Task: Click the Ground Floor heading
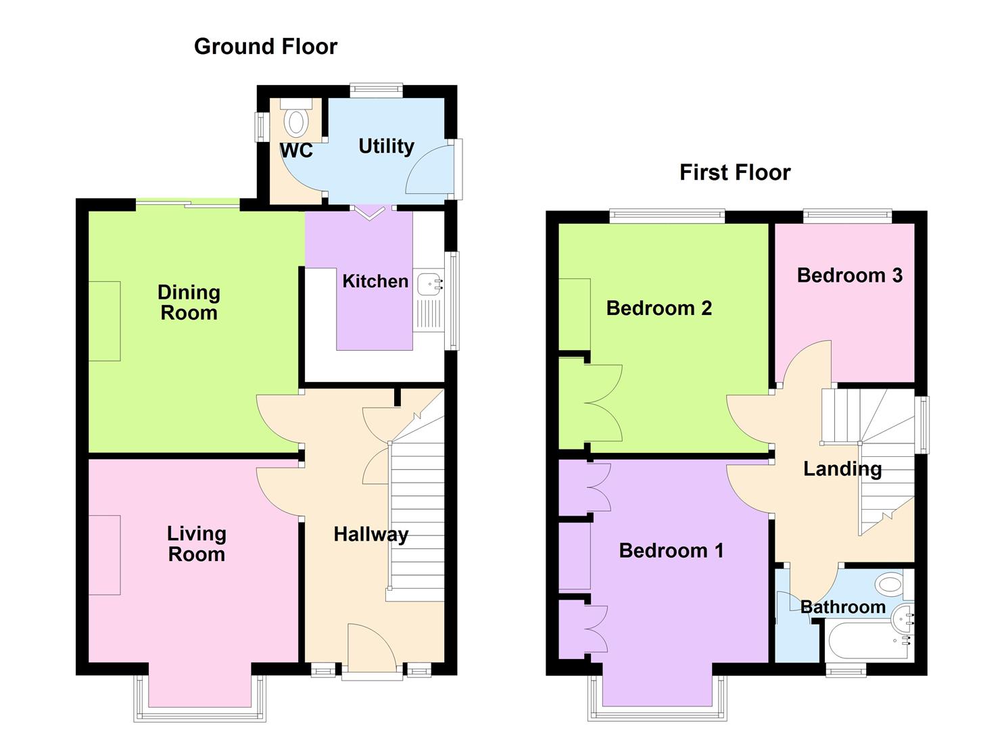(265, 47)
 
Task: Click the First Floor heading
(735, 172)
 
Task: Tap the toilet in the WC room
(295, 121)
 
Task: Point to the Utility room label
(386, 146)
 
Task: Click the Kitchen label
(375, 281)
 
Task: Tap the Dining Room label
(189, 302)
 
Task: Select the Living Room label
(196, 543)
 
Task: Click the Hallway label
(370, 535)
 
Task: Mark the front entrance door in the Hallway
(371, 649)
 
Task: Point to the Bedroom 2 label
(659, 308)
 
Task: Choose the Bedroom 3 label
(849, 275)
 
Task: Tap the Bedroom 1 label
(671, 550)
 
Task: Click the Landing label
(842, 468)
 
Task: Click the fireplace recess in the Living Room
(105, 555)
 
